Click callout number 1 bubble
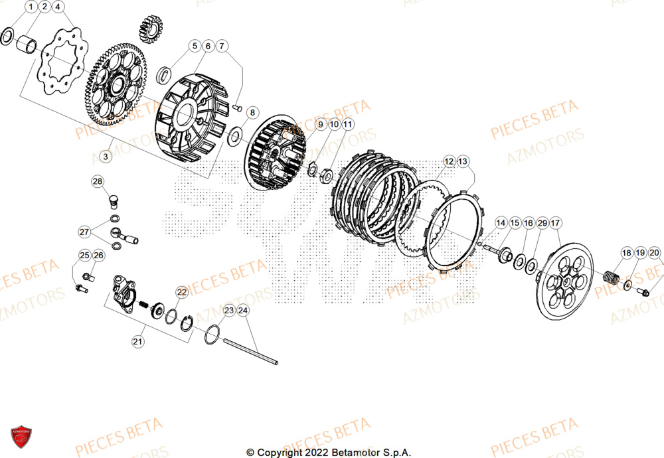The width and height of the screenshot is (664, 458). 31,7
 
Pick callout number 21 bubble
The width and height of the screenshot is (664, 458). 137,342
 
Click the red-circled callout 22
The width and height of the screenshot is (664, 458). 182,291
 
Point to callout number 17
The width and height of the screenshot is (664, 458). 555,223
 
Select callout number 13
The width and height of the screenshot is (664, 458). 462,161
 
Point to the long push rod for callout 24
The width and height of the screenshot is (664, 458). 251,351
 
